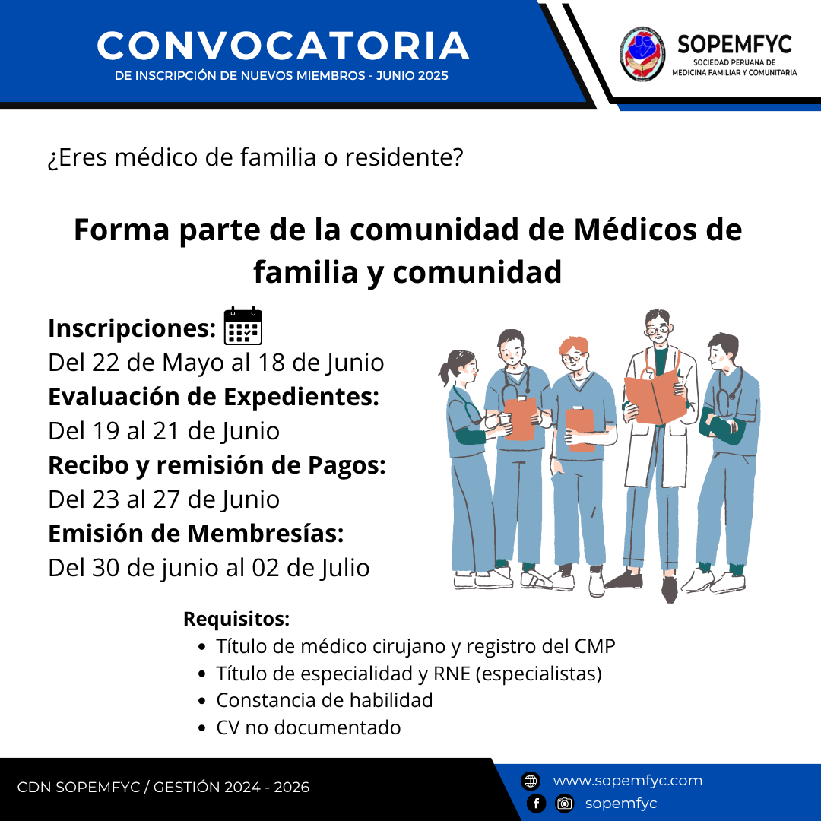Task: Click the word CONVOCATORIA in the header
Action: [x=283, y=46]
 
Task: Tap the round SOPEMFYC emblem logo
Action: [x=642, y=55]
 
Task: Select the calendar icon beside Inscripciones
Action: [x=243, y=326]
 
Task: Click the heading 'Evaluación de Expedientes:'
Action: [x=214, y=397]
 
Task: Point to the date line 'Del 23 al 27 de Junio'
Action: [x=164, y=499]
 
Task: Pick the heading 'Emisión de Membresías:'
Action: [x=196, y=534]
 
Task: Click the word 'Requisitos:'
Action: [x=236, y=619]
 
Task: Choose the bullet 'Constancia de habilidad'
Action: [x=325, y=700]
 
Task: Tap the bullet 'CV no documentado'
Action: [x=309, y=727]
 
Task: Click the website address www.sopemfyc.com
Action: [x=628, y=780]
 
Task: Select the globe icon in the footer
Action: [x=531, y=781]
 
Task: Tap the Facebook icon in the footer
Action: [x=536, y=804]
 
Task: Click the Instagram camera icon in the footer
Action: [x=564, y=804]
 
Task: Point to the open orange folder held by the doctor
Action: [x=655, y=396]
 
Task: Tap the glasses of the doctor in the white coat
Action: [x=657, y=330]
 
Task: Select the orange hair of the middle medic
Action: [x=574, y=346]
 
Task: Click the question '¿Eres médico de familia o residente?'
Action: [x=255, y=157]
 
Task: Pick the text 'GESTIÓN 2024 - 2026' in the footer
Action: [x=231, y=787]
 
